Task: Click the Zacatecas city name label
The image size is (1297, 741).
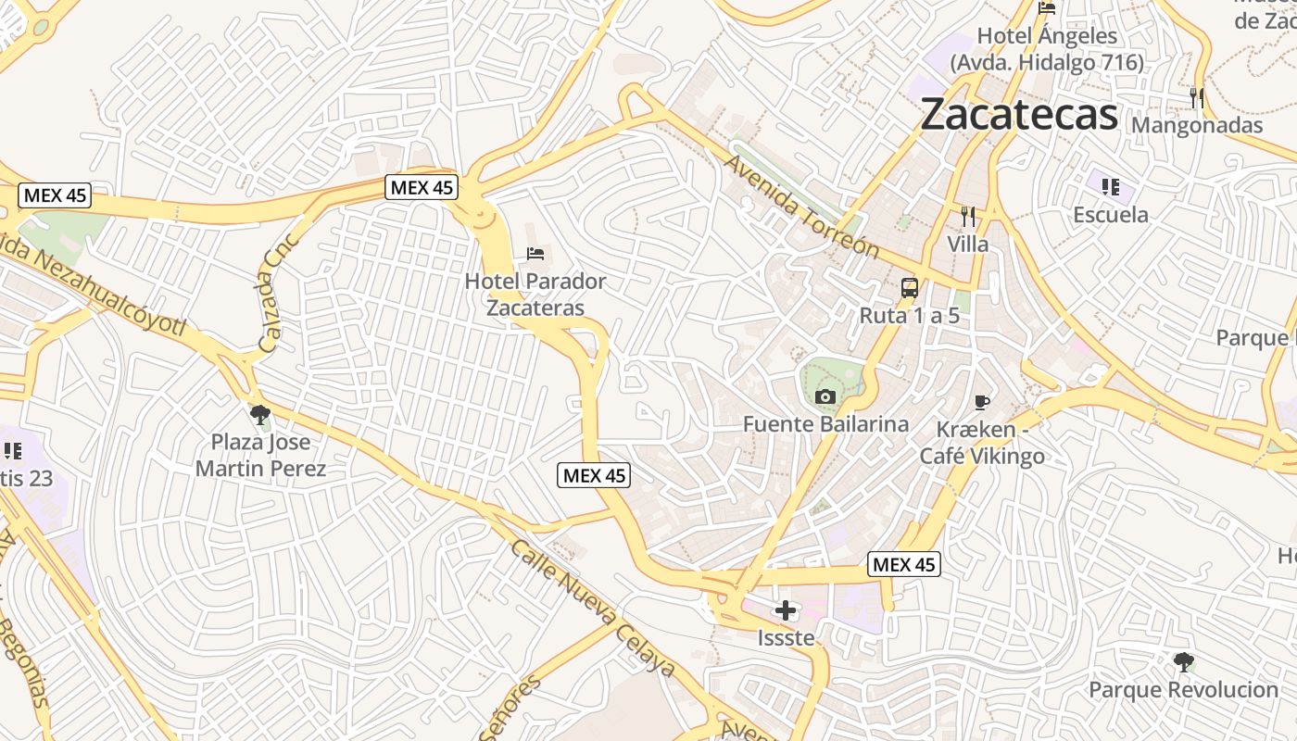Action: (x=1019, y=114)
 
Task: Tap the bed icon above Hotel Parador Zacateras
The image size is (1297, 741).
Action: (x=535, y=253)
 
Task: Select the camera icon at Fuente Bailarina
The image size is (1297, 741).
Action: (x=825, y=397)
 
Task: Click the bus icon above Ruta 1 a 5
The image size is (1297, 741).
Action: (x=910, y=287)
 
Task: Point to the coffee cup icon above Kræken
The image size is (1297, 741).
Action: (x=982, y=402)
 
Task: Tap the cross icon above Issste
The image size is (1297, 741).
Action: (x=786, y=610)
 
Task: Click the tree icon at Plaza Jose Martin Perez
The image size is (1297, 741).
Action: (x=260, y=414)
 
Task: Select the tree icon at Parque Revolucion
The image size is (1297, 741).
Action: (x=1183, y=661)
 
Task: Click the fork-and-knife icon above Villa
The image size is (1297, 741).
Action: (x=968, y=217)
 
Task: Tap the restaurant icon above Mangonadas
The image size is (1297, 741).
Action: (x=1197, y=97)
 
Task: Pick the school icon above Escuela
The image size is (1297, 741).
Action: (x=1110, y=187)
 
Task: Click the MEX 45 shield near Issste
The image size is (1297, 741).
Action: (x=904, y=564)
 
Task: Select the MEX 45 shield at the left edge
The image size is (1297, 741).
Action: (x=55, y=195)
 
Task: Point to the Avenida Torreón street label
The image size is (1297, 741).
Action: (x=801, y=207)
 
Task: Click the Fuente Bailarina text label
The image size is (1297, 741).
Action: (x=825, y=424)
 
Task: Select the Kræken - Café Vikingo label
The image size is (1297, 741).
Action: (x=982, y=443)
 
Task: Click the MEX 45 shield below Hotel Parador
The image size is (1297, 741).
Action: (x=594, y=476)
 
